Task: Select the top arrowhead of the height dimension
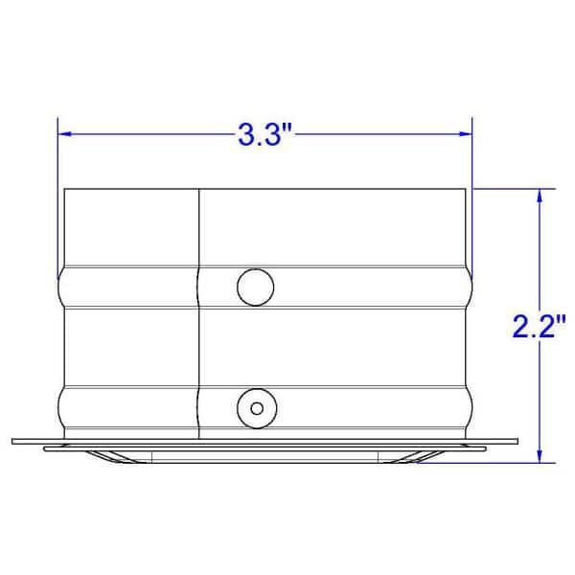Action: coord(541,195)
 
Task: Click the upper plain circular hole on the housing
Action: coord(254,287)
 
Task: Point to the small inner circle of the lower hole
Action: coord(255,407)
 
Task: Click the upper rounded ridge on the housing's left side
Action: coord(61,287)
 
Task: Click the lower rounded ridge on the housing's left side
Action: coord(61,406)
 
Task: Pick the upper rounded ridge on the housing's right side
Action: coord(471,287)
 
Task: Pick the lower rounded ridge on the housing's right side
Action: coord(471,406)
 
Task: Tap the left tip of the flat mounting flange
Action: coord(15,442)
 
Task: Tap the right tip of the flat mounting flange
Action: coord(516,442)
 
